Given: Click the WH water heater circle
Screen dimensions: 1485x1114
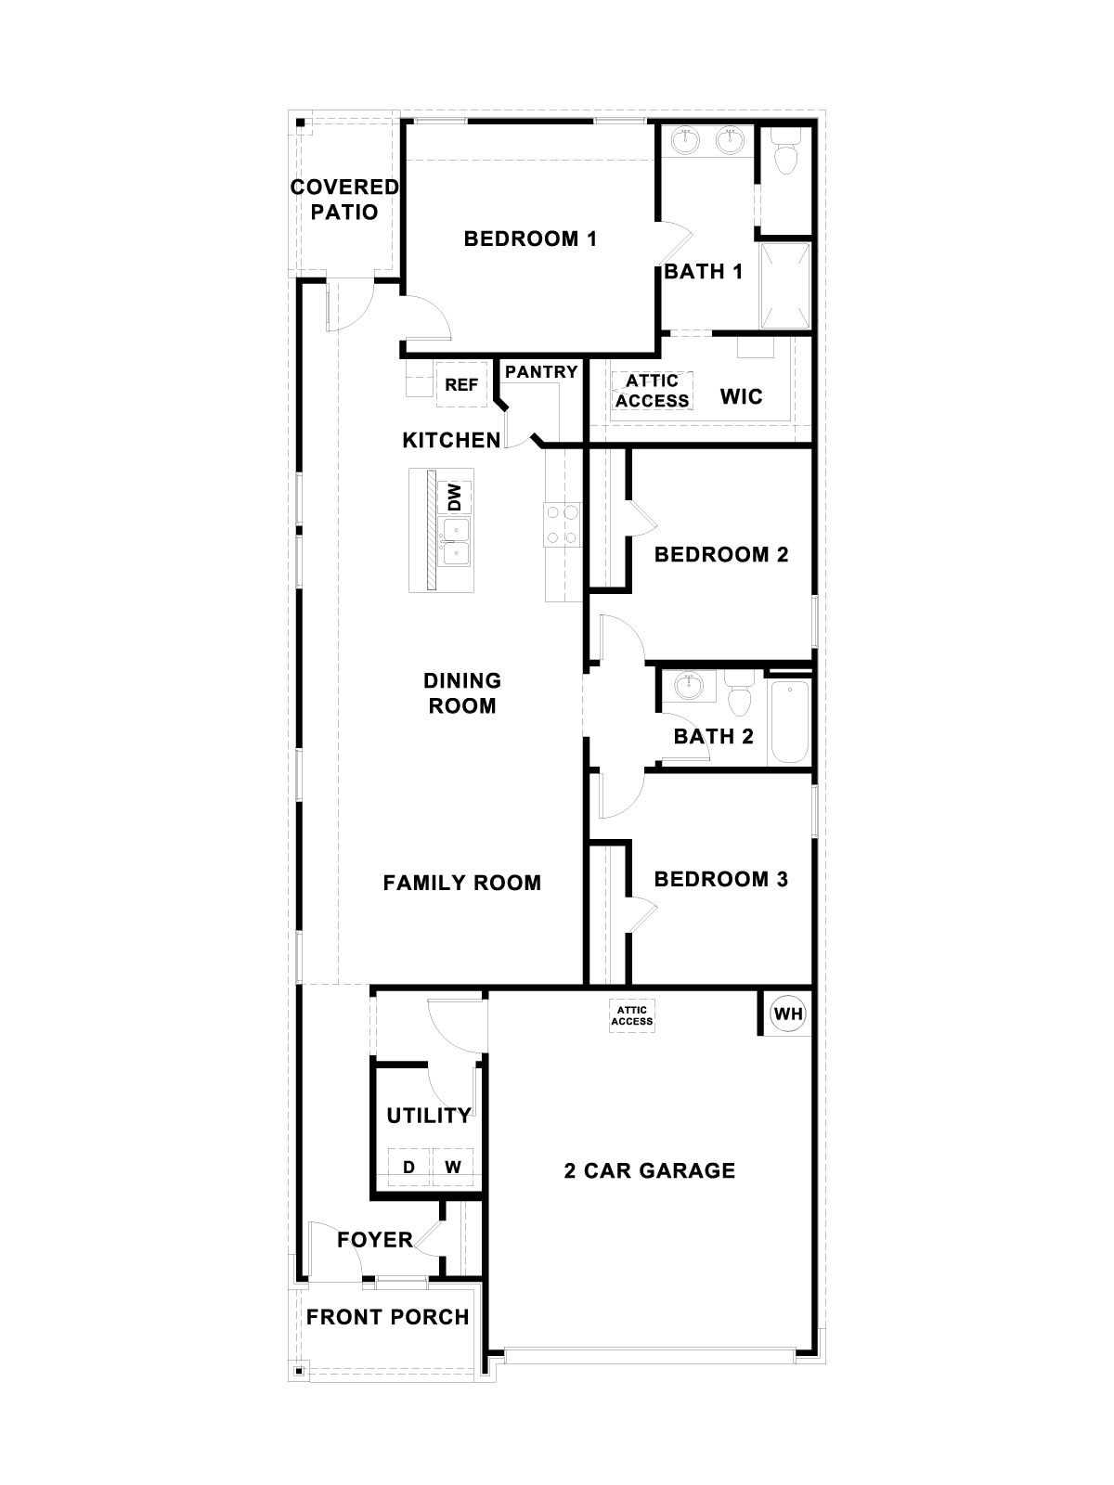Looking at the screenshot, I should point(788,1013).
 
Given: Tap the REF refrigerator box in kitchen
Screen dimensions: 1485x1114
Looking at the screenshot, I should point(461,384).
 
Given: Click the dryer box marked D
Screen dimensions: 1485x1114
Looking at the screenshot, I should point(408,1168).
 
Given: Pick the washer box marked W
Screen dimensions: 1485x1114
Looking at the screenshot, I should point(453,1168).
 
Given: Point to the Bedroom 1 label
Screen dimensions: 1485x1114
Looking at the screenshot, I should point(530,239).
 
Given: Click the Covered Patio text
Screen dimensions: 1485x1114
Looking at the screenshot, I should point(344,200).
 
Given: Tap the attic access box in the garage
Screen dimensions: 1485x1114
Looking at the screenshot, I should point(631,1014).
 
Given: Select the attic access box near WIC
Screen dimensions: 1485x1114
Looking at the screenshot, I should point(652,391).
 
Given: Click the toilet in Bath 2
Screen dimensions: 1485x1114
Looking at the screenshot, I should point(740,698).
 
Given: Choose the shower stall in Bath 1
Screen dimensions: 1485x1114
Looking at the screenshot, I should point(785,285).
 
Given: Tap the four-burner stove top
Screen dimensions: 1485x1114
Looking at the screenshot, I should point(563,523).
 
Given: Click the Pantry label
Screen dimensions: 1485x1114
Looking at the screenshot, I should point(541,371).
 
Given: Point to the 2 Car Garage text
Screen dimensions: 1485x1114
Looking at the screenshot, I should point(650,1170).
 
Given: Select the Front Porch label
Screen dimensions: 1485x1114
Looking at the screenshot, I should point(388,1316).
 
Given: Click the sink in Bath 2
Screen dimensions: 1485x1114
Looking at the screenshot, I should point(688,688).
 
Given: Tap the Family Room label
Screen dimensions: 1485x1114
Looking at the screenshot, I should point(462,883).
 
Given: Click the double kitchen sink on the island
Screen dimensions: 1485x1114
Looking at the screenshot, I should point(456,541).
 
